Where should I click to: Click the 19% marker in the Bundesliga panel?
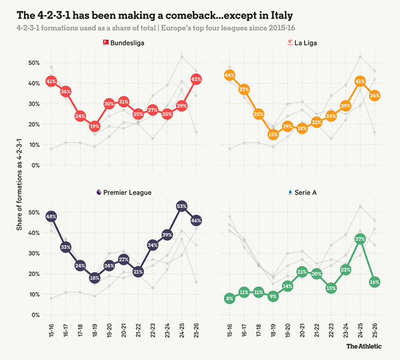click(x=95, y=126)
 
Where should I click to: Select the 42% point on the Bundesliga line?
click(x=196, y=79)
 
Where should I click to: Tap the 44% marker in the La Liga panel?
click(x=229, y=75)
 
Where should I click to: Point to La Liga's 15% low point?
click(x=273, y=135)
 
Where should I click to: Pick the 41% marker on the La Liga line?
click(x=360, y=81)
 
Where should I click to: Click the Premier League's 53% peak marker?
click(x=182, y=206)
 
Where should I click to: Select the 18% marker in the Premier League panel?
click(x=95, y=277)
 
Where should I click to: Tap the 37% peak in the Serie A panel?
click(x=360, y=239)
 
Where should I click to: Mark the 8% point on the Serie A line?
click(x=229, y=298)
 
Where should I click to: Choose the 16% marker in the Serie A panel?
click(x=375, y=282)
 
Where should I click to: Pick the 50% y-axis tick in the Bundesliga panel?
click(x=32, y=63)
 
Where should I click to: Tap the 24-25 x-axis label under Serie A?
click(x=360, y=330)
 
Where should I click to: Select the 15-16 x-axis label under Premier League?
click(x=51, y=330)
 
